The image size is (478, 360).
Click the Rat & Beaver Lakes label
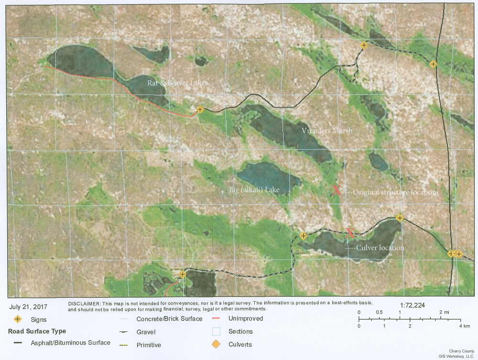click(x=177, y=83)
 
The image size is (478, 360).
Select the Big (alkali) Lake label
click(x=253, y=190)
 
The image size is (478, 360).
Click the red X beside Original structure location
click(x=337, y=191)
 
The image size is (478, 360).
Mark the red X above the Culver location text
click(x=350, y=233)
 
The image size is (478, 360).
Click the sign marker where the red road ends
click(x=200, y=109)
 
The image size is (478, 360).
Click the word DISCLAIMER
click(x=84, y=304)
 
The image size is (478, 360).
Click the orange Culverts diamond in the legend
click(x=216, y=344)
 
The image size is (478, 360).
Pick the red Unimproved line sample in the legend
click(x=216, y=318)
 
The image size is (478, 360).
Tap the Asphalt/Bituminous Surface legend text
click(x=71, y=343)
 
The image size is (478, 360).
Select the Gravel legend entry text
click(x=146, y=332)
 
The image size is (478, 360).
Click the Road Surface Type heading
click(x=37, y=331)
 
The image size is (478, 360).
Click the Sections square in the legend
click(x=216, y=331)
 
